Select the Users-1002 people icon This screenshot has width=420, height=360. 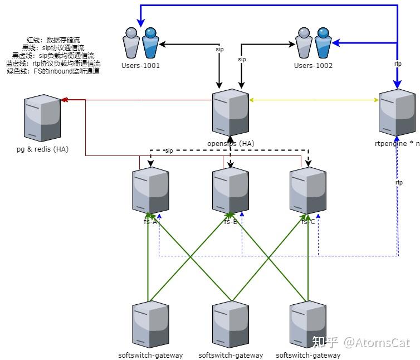point(314,43)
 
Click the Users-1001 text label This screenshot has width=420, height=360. point(140,66)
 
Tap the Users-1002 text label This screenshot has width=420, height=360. point(313,66)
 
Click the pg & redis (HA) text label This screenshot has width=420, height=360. point(43,149)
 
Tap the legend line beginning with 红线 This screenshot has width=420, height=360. point(53,40)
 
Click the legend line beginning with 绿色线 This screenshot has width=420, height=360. point(53,71)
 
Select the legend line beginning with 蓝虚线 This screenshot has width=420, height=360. point(53,64)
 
